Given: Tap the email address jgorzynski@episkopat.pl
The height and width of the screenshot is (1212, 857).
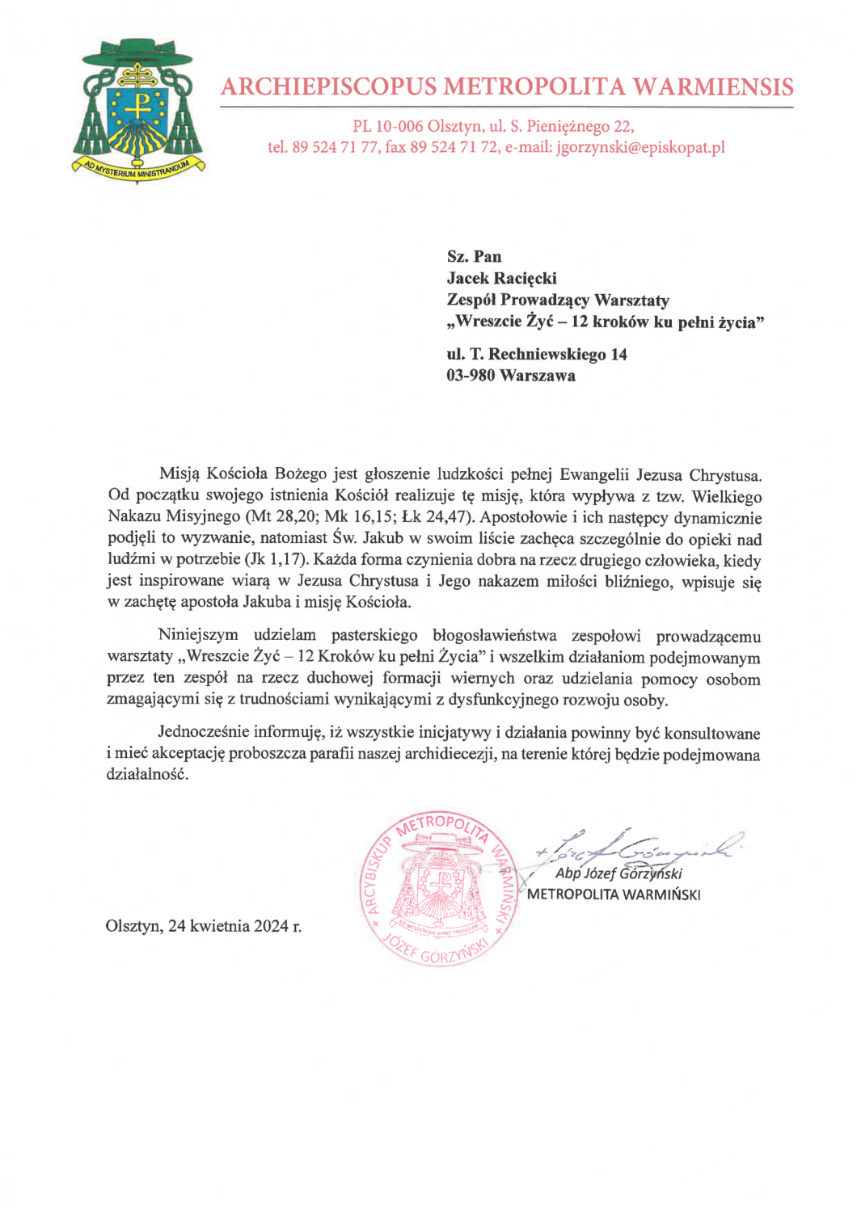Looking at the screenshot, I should [x=640, y=148].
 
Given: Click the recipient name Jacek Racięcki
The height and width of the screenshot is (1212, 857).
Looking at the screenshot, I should [x=501, y=279].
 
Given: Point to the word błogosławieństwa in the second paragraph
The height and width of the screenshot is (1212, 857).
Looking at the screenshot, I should [x=494, y=636].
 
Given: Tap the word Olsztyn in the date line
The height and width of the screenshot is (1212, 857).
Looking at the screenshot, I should [x=133, y=926].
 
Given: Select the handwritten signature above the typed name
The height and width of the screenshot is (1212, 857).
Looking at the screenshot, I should [x=639, y=847].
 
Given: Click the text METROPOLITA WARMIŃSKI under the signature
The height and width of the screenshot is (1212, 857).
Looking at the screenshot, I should [x=613, y=895].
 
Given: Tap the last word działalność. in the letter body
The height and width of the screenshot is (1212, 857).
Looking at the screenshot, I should [x=147, y=775].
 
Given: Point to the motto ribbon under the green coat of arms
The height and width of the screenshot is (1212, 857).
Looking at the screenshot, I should [x=137, y=169].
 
